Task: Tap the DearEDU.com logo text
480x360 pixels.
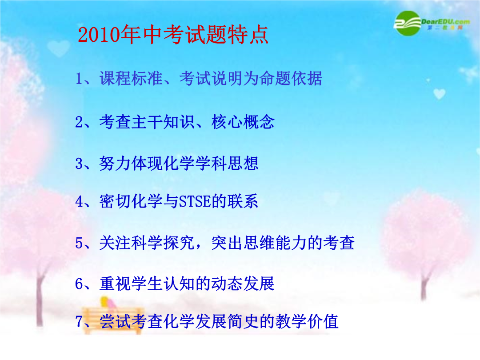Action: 445,22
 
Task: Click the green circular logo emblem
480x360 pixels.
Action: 407,23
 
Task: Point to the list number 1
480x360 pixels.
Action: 79,79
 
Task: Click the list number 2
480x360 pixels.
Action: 79,122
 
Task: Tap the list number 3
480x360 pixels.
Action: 79,164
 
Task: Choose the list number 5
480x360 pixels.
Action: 79,243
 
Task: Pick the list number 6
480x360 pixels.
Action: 79,284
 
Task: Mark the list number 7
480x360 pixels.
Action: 79,322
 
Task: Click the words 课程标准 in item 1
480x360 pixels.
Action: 131,78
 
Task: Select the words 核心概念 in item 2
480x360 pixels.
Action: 243,122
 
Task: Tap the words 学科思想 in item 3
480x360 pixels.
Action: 227,163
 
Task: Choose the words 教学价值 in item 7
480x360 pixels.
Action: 307,321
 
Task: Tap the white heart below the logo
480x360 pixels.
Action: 439,94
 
